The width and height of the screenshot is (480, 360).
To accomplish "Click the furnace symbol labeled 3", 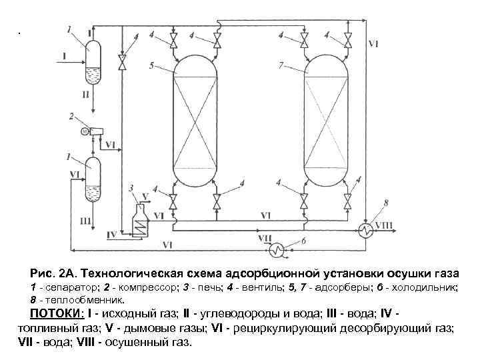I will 140,221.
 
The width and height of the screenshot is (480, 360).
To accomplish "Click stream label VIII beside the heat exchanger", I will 385,226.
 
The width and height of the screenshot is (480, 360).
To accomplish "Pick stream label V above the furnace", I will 146,197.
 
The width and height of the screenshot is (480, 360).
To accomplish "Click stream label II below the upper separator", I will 85,95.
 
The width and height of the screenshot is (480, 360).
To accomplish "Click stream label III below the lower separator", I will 85,220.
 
